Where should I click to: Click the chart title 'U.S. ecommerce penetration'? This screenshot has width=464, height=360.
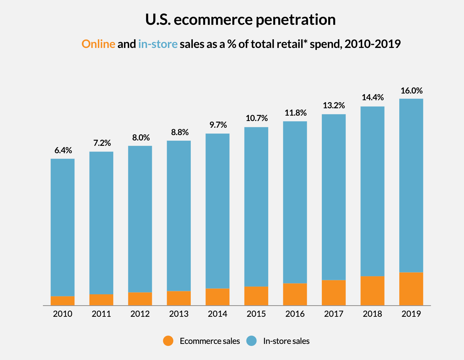[x=240, y=20]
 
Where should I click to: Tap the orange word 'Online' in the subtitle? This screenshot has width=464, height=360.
[x=98, y=44]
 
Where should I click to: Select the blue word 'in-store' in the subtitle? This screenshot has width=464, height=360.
[x=158, y=44]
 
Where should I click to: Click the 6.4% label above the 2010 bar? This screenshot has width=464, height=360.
[x=63, y=151]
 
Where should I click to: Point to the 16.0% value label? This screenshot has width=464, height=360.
[x=411, y=91]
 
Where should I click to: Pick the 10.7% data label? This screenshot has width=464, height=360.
[x=256, y=118]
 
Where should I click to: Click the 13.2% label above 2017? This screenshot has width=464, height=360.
[x=334, y=106]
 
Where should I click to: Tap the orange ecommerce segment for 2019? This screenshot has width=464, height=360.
[x=411, y=289]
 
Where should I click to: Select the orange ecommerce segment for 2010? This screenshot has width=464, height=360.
[x=63, y=300]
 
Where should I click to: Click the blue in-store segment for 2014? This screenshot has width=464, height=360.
[x=218, y=211]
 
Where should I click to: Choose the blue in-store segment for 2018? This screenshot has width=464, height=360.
[x=372, y=191]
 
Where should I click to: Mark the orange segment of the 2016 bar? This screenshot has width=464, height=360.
[x=295, y=294]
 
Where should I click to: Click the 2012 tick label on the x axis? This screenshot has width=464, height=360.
[x=140, y=314]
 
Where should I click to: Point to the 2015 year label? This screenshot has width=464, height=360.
[x=256, y=314]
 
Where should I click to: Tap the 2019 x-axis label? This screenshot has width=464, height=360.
[x=411, y=314]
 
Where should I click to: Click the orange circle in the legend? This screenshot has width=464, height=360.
[x=168, y=341]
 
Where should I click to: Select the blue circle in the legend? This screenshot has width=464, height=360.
[x=251, y=341]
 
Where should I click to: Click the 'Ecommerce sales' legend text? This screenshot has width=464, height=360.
[x=210, y=341]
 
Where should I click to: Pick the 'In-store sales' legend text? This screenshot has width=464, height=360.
[x=286, y=341]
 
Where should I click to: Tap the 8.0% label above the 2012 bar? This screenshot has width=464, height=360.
[x=141, y=138]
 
